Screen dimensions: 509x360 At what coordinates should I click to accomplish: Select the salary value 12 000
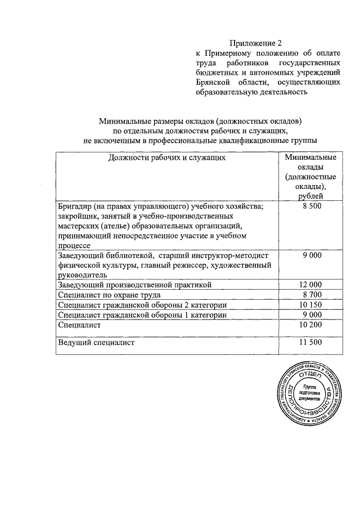click(312, 285)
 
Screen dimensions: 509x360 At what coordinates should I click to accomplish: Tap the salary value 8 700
click(312, 295)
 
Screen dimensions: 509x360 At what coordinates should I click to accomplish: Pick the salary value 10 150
click(312, 305)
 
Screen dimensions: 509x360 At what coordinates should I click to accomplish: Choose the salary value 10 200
click(312, 325)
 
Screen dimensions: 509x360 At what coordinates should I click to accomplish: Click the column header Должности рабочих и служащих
click(167, 157)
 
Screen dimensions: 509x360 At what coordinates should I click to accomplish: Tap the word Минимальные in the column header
click(311, 157)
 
